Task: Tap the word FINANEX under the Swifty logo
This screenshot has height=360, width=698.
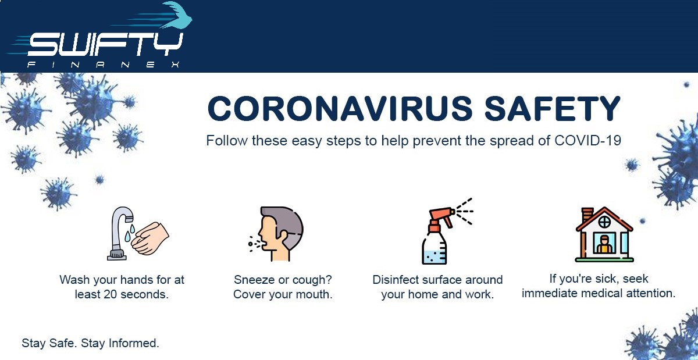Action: coord(103,65)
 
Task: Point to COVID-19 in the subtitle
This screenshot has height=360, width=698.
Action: coord(587,141)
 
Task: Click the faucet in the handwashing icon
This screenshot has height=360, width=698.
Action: coord(120,233)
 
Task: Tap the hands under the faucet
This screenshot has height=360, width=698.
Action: coord(150,238)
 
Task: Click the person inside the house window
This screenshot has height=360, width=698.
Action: coord(604,244)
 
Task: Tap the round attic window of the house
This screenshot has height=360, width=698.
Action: coord(604,222)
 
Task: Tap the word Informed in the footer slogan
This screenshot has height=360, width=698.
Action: coord(134,343)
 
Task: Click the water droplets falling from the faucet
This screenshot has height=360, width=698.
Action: coord(130,233)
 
